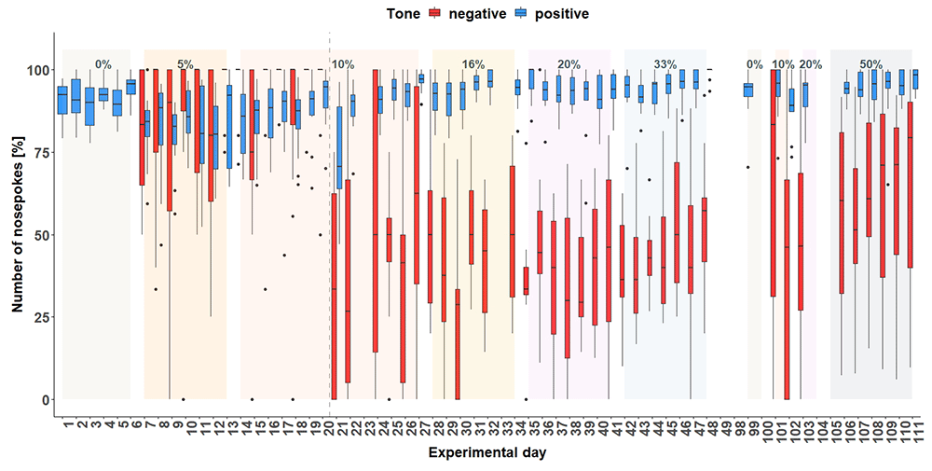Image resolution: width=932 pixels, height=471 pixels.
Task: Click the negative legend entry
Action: tap(468, 13)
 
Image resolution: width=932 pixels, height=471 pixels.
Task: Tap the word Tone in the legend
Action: tap(403, 13)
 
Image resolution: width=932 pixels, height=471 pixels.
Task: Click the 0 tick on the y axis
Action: tap(44, 399)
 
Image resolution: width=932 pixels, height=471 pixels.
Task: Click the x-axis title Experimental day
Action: tap(487, 453)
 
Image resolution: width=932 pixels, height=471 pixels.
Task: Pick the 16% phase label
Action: tap(473, 64)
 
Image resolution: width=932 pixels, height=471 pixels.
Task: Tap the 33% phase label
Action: tap(665, 64)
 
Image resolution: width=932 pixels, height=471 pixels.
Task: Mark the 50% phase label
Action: tap(870, 64)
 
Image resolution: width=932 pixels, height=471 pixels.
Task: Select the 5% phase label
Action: tap(185, 64)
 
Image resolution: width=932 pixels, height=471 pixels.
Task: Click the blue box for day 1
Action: tap(62, 100)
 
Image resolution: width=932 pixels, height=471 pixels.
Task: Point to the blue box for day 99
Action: tap(749, 90)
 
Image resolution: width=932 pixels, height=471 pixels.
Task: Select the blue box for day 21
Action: tap(339, 147)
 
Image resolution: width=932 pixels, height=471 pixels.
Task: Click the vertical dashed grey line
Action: tap(329, 225)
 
